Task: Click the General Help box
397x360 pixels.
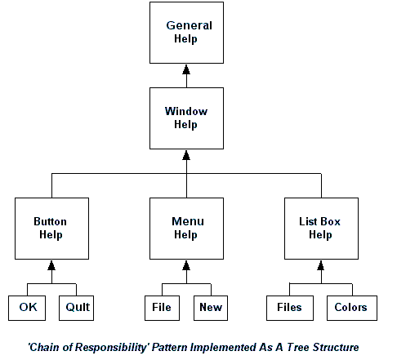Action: point(186,33)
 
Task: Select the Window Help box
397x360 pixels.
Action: point(186,118)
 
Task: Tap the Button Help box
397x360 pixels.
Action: point(51,229)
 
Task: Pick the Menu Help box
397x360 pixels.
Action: point(186,229)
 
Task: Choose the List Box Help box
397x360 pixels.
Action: point(321,229)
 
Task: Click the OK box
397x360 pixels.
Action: point(27,308)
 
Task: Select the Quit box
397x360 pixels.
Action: point(76,308)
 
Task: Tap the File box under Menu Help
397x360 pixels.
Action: point(162,308)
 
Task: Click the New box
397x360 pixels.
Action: point(211,308)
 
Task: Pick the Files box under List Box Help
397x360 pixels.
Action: point(290,308)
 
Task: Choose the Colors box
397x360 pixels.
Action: point(352,308)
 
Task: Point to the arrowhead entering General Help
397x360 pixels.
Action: point(186,69)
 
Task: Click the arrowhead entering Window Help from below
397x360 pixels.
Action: point(186,155)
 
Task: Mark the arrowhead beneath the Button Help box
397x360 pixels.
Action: point(51,265)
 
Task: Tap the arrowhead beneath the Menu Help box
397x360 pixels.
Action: point(186,265)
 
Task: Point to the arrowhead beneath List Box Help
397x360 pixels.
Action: point(321,265)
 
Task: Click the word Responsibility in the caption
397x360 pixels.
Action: point(111,348)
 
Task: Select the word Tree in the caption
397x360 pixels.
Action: point(298,347)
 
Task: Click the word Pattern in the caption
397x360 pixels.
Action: point(170,347)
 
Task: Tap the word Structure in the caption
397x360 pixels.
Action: point(336,347)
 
